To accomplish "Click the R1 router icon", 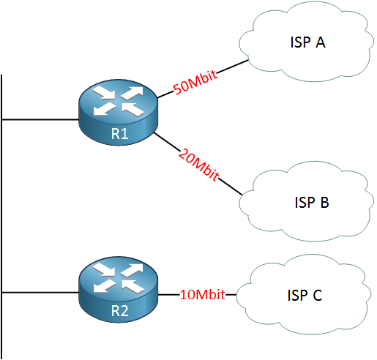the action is [x=119, y=113].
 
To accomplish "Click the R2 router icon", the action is [x=119, y=290].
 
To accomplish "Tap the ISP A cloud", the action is [x=306, y=42].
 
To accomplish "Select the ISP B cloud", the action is [x=306, y=201].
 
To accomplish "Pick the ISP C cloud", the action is [x=304, y=295].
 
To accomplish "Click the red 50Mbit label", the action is [x=195, y=82].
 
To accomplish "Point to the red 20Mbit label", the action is [x=199, y=165].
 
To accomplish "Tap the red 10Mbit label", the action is [x=202, y=294].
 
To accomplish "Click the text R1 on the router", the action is [x=119, y=134].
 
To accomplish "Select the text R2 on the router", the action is [x=119, y=311].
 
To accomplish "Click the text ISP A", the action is [x=308, y=42].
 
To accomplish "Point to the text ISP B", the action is [x=312, y=202].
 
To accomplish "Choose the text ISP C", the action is [x=305, y=295].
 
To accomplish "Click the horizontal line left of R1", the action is [x=40, y=119].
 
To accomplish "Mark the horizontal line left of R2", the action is [x=40, y=292].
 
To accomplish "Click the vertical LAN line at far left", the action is [x=1, y=217].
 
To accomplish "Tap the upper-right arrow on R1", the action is [x=132, y=93].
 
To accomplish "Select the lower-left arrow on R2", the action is [x=104, y=285].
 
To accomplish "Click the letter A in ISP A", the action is [x=321, y=42].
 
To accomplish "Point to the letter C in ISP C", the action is [x=318, y=295].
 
